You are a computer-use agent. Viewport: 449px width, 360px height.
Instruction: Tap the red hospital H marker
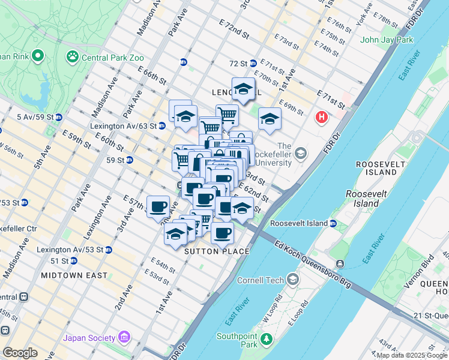[x=322, y=116]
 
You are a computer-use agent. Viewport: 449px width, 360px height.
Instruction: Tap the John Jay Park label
[x=387, y=40]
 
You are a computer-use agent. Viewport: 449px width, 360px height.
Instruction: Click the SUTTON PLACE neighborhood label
[x=217, y=251]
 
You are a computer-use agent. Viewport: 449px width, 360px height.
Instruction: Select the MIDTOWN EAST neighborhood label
[x=74, y=275]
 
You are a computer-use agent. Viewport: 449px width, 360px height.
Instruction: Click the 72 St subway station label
[x=238, y=63]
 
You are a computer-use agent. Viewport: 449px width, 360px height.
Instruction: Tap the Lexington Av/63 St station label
[x=123, y=127]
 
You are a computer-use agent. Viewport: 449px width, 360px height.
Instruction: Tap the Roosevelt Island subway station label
[x=299, y=223]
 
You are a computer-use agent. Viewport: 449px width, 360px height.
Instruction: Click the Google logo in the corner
[x=19, y=353]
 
